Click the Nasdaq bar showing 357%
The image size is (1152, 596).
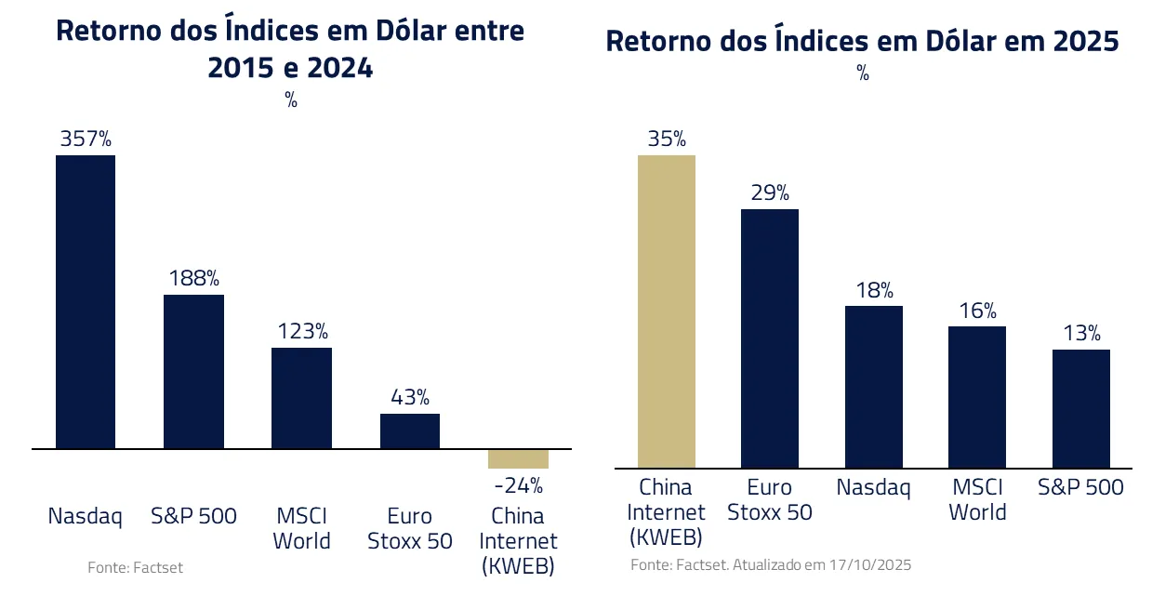(86, 302)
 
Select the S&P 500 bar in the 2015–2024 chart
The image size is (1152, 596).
(193, 372)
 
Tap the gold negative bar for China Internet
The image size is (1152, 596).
(518, 459)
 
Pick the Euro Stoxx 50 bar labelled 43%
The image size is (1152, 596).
(409, 431)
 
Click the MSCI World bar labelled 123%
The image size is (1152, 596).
(301, 398)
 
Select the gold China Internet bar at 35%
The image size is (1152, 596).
(666, 311)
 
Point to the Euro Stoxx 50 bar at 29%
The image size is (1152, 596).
(769, 338)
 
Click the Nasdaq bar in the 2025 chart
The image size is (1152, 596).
(873, 386)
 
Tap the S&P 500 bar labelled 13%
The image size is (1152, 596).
(1081, 408)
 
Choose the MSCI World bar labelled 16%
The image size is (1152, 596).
(977, 396)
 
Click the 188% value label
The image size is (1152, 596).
(193, 278)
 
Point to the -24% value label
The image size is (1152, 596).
(518, 485)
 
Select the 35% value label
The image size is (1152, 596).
(666, 139)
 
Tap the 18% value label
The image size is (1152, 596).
(873, 289)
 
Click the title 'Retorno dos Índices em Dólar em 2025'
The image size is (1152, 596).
(862, 42)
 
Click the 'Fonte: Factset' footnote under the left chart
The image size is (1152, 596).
(135, 567)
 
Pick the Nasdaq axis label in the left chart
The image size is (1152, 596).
(86, 516)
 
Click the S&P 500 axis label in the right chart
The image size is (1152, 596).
(1081, 487)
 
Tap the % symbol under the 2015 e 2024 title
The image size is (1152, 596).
(291, 101)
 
